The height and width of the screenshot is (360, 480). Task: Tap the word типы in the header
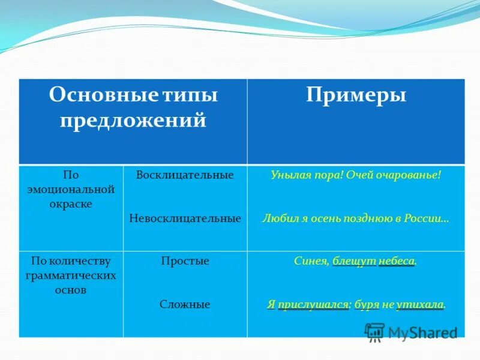(190, 95)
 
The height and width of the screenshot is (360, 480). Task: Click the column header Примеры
(356, 95)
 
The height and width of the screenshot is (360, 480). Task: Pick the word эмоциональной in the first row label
(71, 190)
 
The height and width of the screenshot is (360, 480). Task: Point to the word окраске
(71, 204)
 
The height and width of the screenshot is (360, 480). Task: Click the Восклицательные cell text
(185, 175)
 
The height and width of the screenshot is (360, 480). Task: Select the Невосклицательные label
(185, 218)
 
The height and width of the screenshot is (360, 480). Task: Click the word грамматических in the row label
(71, 275)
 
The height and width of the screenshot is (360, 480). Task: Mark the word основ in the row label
(71, 290)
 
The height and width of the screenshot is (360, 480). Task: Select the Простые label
(185, 261)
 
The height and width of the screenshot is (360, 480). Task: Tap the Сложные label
(185, 305)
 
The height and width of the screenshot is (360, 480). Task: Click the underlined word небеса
(397, 261)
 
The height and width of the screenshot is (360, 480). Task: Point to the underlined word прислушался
(313, 305)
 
